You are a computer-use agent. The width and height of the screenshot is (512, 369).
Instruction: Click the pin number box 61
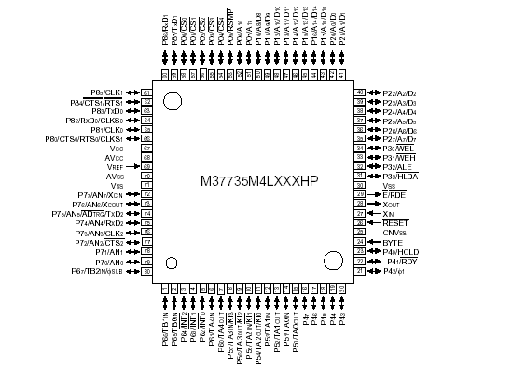tap(146, 92)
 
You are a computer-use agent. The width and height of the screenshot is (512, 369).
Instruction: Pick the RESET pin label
tap(395, 223)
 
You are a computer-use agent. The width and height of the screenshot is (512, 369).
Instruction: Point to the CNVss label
tap(394, 233)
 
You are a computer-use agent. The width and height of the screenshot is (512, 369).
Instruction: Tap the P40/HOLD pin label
tap(404, 251)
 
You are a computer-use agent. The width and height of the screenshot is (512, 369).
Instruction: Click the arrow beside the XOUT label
tap(372, 204)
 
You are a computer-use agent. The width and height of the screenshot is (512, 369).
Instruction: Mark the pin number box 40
tap(360, 92)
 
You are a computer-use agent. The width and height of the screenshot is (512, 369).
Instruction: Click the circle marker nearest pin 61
tap(173, 102)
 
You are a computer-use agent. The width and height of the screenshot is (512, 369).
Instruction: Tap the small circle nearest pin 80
tap(172, 263)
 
